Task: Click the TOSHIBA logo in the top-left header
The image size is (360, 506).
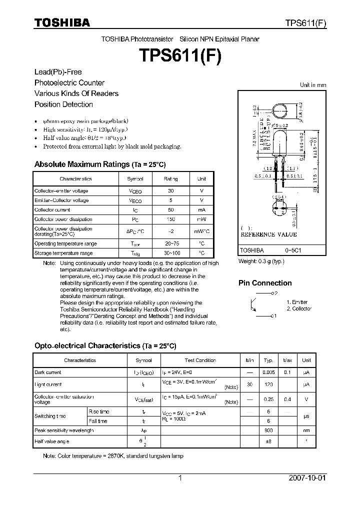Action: coord(61,22)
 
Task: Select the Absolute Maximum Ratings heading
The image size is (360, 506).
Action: coord(99,164)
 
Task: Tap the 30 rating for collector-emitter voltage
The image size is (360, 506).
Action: coord(171,191)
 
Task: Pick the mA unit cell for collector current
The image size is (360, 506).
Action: coord(201,210)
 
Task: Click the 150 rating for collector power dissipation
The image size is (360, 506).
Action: coord(171,219)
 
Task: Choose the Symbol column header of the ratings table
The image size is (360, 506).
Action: coord(135,179)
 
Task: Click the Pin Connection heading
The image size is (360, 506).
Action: coord(265,283)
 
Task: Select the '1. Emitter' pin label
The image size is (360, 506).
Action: coord(297,302)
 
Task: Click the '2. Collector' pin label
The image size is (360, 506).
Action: coord(299,309)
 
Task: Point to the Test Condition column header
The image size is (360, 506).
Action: coord(200,360)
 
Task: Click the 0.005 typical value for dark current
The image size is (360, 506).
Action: coord(268,372)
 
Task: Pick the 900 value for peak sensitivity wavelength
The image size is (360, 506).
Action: coord(268,430)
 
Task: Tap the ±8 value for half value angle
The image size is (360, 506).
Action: coord(268,441)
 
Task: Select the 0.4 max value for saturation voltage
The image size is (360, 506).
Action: coord(287,399)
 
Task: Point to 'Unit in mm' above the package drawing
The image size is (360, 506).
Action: coord(313,85)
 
